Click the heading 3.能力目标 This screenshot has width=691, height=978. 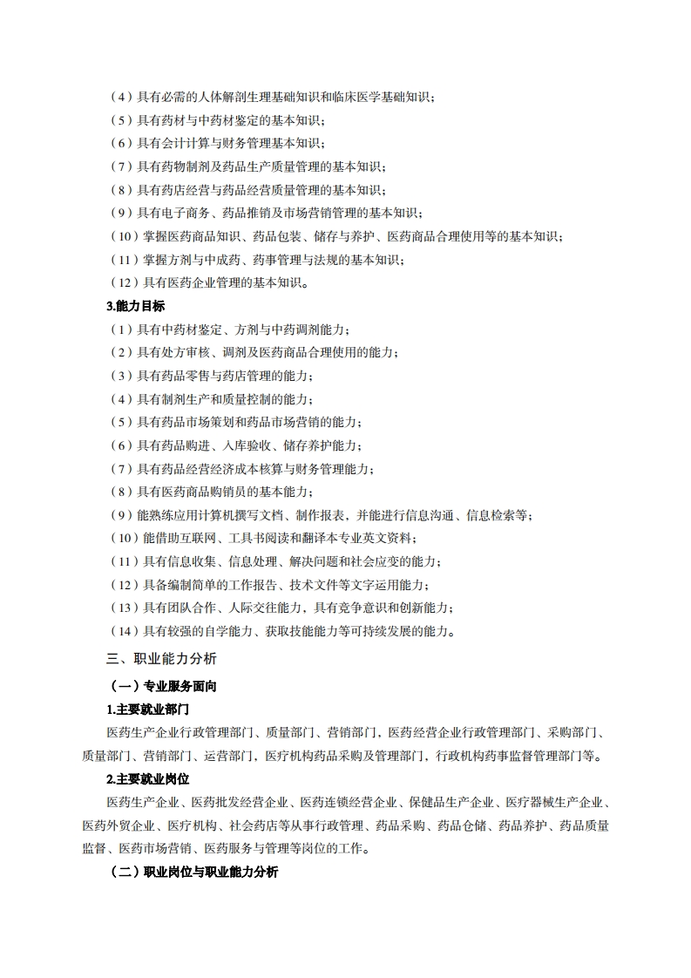tap(135, 306)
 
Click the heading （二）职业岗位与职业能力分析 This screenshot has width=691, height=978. tap(193, 872)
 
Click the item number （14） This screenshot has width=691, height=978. tap(123, 631)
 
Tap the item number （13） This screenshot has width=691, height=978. tap(123, 608)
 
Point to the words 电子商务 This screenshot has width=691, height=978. tap(184, 213)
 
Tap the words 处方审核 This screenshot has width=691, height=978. tap(184, 352)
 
